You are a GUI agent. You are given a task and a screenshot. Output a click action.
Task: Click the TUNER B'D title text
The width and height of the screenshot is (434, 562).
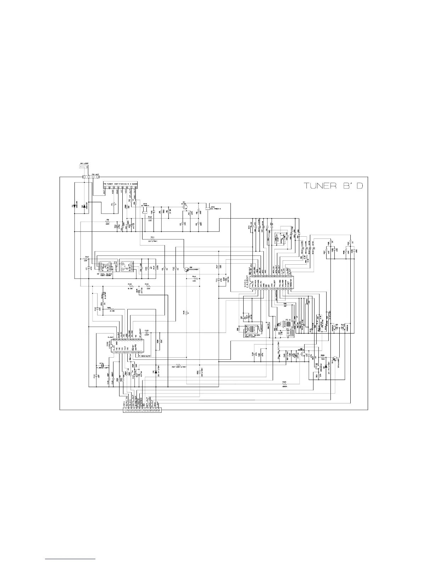tap(334, 186)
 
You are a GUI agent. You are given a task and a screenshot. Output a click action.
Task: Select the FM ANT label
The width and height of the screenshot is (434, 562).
tap(96, 174)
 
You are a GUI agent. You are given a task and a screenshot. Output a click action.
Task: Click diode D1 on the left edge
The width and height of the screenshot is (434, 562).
tap(75, 206)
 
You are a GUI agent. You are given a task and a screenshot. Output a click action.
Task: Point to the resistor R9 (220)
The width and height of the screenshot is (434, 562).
tap(107, 222)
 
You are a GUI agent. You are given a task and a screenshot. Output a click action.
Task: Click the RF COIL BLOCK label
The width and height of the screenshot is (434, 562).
tap(106, 274)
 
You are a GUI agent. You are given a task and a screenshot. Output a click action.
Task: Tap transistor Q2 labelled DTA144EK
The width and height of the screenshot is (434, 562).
tap(186, 269)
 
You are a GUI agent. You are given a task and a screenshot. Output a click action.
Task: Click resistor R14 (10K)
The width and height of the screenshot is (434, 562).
tap(194, 279)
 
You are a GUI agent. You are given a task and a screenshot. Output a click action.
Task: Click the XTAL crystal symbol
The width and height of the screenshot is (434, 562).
tap(101, 365)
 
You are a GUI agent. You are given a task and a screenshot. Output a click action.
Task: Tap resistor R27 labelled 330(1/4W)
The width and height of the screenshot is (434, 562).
tap(179, 365)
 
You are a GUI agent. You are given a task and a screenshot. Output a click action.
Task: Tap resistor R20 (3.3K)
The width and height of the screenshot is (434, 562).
tap(112, 310)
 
